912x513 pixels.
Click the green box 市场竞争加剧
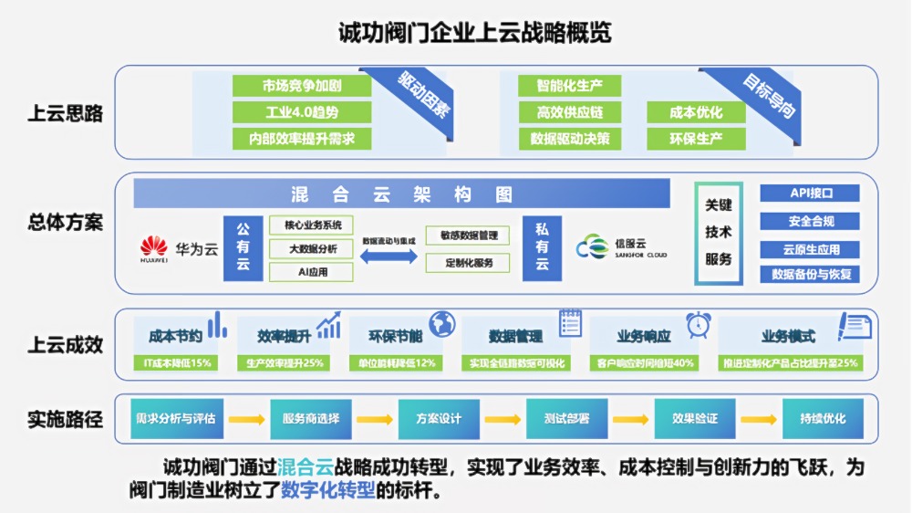click(302, 86)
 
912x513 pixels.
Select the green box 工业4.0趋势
click(302, 112)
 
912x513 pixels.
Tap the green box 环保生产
click(696, 139)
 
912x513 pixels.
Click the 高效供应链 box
click(570, 112)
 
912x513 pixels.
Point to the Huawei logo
click(154, 247)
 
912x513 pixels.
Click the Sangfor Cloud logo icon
click(592, 247)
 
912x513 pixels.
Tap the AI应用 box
click(312, 272)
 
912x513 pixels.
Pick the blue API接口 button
click(810, 194)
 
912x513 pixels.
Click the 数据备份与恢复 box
click(810, 274)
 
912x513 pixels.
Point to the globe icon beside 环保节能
click(442, 323)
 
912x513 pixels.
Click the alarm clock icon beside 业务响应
click(700, 323)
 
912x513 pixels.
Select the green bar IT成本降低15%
click(177, 362)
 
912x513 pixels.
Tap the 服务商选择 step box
click(311, 419)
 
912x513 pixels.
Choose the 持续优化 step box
click(823, 419)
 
